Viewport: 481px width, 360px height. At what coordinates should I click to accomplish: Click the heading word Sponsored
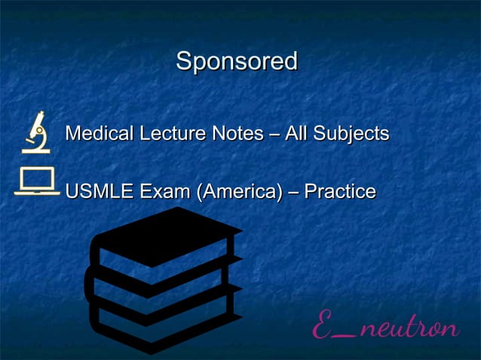237,62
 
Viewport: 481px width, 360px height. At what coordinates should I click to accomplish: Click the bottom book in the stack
162,320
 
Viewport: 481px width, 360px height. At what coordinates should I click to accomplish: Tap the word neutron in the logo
408,329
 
